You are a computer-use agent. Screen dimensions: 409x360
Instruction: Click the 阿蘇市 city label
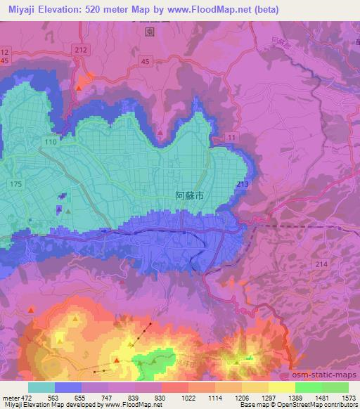click(189, 198)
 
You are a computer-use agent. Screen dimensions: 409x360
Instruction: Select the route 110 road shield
click(50, 143)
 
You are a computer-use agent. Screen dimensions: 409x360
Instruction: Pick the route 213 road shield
click(243, 184)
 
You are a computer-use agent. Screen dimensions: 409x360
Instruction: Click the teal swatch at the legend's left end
click(41, 387)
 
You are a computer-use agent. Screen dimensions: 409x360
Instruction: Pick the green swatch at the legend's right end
click(335, 387)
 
